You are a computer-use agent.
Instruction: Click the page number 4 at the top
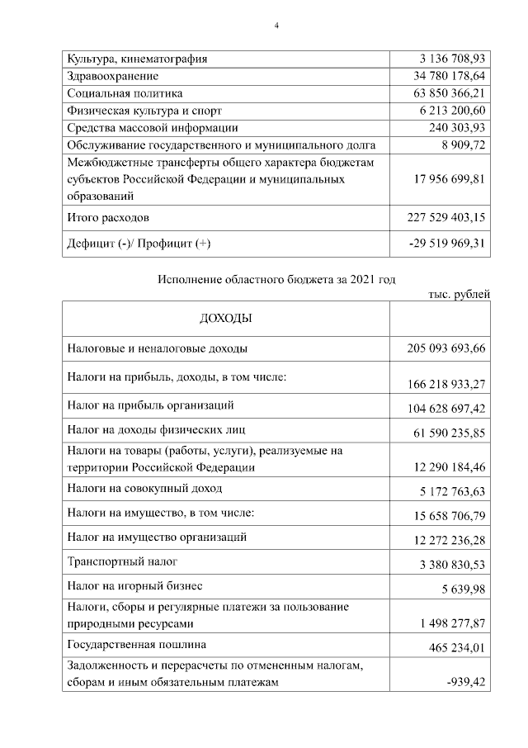[x=277, y=26]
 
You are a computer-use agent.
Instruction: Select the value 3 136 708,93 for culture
[x=453, y=59]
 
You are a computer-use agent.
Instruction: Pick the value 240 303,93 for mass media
[x=458, y=127]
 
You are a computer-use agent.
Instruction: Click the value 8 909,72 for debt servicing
[x=462, y=144]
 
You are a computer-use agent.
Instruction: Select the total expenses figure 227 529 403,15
[x=447, y=217]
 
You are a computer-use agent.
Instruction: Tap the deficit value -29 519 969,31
[x=447, y=244]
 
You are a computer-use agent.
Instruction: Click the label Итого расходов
[x=109, y=217]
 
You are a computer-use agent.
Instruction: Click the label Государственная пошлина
[x=137, y=644]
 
